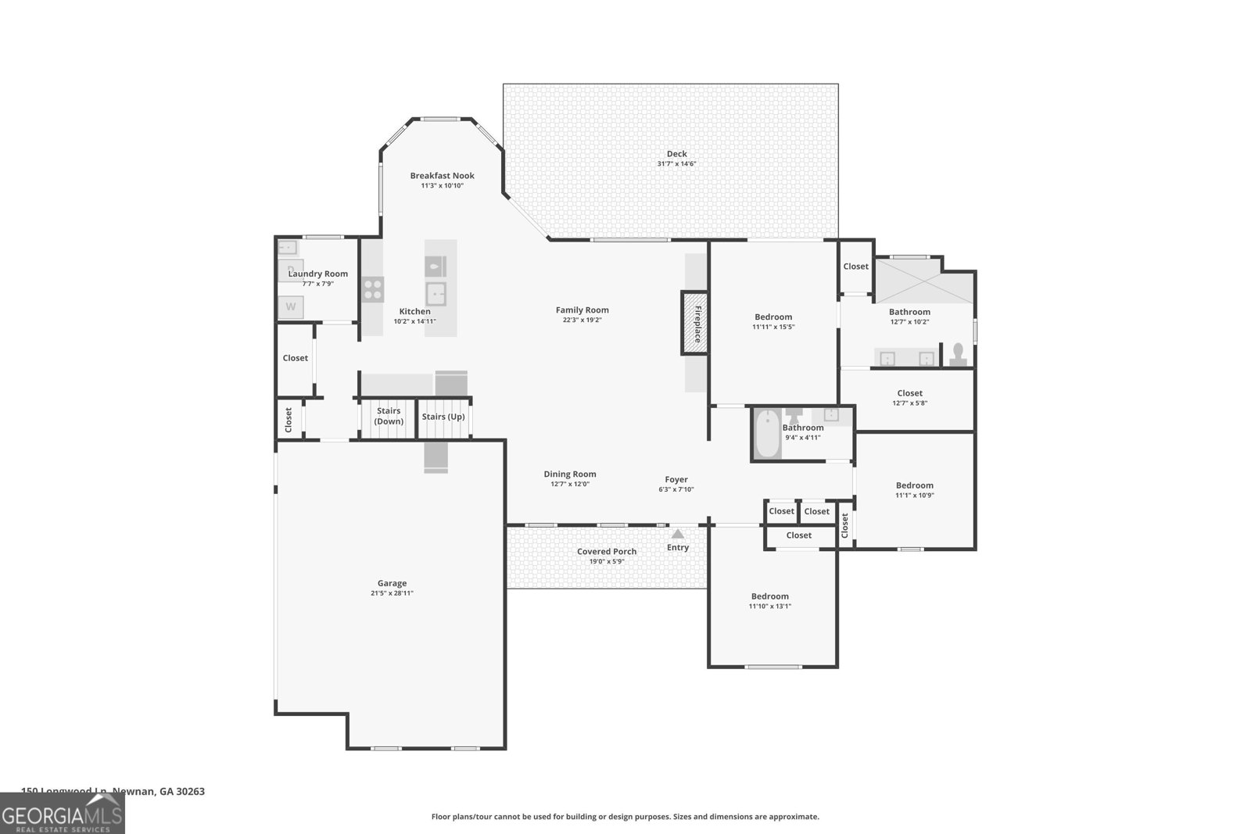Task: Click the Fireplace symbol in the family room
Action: [x=694, y=323]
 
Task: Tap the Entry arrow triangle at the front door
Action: [x=678, y=535]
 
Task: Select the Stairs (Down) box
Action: [x=389, y=417]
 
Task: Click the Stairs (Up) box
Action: [x=443, y=417]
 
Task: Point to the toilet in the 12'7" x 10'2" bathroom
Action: [x=957, y=355]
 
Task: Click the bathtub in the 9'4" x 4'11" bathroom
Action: [x=767, y=434]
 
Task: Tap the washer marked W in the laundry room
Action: [x=291, y=307]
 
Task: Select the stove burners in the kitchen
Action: [x=373, y=289]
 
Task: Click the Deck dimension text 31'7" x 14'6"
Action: [x=676, y=164]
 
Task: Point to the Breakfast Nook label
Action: [x=442, y=176]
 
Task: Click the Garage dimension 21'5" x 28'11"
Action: [x=392, y=593]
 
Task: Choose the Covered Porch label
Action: [x=607, y=552]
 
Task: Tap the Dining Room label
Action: [x=570, y=474]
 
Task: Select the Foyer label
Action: [x=676, y=480]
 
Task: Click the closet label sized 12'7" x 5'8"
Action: [x=909, y=394]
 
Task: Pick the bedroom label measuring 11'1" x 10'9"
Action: [x=914, y=485]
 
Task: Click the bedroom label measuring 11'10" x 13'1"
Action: [x=770, y=596]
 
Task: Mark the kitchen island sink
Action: [x=436, y=294]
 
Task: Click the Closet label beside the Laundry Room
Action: [x=296, y=358]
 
